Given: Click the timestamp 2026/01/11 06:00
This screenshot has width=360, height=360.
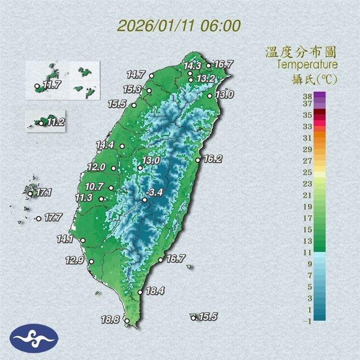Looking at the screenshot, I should tap(179, 25).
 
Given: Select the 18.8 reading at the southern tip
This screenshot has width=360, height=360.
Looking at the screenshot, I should tap(110, 320).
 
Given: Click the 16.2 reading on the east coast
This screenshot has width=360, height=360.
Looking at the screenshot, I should tap(213, 158).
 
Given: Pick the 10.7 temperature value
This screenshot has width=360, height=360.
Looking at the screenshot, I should tap(94, 186).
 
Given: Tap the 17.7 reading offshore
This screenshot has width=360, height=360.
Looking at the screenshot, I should tap(53, 218).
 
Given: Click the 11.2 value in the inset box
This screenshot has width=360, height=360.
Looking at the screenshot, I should tap(55, 122).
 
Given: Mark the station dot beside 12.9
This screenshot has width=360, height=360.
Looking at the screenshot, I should tap(91, 262).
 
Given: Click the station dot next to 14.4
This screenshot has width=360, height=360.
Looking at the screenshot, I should tap(121, 146).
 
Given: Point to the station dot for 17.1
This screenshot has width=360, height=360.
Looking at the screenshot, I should tap(30, 194).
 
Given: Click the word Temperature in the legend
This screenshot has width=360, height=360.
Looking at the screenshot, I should tap(307, 64).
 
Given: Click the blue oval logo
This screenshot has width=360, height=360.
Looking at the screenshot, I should tap(34, 338).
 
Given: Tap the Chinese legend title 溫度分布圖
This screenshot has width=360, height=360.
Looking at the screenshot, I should tap(301, 52).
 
